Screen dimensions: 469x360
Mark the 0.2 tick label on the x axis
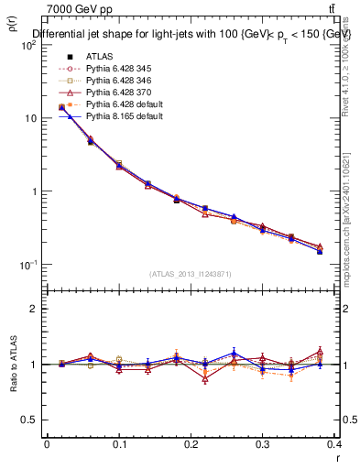coord(191,444)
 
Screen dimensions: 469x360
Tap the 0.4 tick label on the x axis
coord(334,444)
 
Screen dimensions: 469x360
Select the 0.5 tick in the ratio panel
coord(28,420)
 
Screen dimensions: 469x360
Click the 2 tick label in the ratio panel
coord(32,310)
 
